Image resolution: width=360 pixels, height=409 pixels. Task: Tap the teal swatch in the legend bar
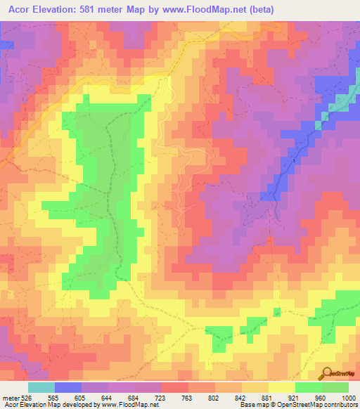pos(41,387)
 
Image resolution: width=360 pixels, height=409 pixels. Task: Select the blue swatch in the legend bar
pos(68,387)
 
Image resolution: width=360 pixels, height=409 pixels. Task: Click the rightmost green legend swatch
pos(335,387)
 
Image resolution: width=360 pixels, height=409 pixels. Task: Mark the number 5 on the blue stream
pos(295,161)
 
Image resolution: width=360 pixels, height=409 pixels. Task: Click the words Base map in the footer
pos(250,405)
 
